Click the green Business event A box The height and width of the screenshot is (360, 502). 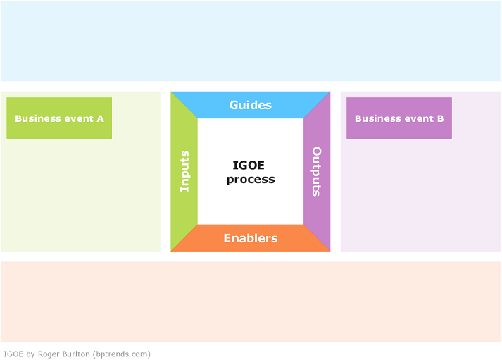tap(59, 118)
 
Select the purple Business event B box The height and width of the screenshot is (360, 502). tap(399, 118)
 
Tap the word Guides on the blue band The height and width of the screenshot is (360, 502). tap(251, 105)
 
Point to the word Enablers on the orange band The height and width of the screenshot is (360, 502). tap(251, 238)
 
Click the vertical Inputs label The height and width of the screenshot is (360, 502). tap(184, 171)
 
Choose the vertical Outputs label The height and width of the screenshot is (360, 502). tap(316, 171)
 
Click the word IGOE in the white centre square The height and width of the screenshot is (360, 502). tap(249, 166)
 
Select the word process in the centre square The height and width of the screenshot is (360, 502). tap(251, 180)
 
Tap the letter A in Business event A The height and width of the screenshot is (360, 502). tap(100, 118)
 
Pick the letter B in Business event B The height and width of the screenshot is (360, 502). tap(441, 118)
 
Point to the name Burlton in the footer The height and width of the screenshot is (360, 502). tap(76, 354)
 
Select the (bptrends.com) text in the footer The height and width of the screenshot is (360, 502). tap(122, 354)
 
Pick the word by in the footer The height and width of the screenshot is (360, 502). tap(30, 354)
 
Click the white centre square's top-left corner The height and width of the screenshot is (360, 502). tap(198, 118)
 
